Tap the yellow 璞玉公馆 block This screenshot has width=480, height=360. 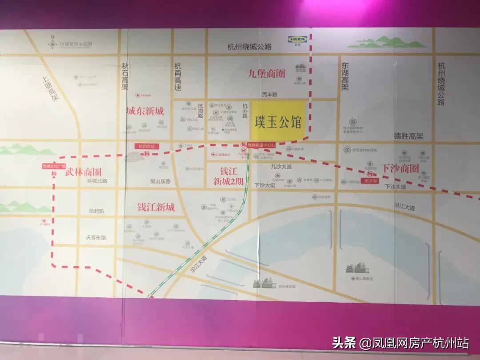[279, 121]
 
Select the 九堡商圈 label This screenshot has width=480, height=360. [266, 73]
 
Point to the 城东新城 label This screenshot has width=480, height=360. [145, 111]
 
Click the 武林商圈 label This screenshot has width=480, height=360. [84, 172]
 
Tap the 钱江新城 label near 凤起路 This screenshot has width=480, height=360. [156, 207]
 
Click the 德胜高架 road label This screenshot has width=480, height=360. [408, 136]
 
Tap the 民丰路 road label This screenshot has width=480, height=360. [269, 95]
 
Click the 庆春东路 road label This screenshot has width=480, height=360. [96, 237]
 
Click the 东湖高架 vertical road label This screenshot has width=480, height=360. [345, 76]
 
